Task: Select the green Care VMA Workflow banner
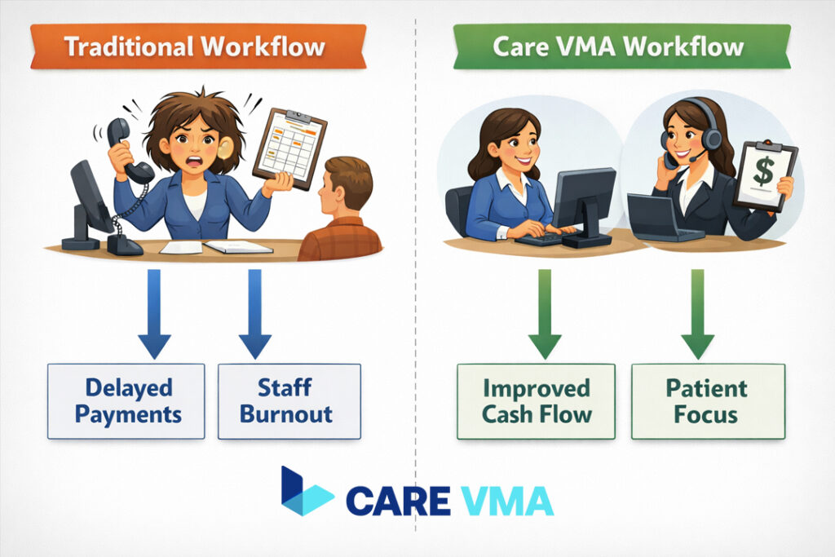pyautogui.click(x=621, y=46)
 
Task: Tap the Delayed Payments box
pyautogui.click(x=126, y=401)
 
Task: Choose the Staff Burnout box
pyautogui.click(x=289, y=401)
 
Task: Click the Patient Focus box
pyautogui.click(x=707, y=401)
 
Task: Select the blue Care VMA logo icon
pyautogui.click(x=307, y=492)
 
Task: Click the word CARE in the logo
pyautogui.click(x=399, y=500)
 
